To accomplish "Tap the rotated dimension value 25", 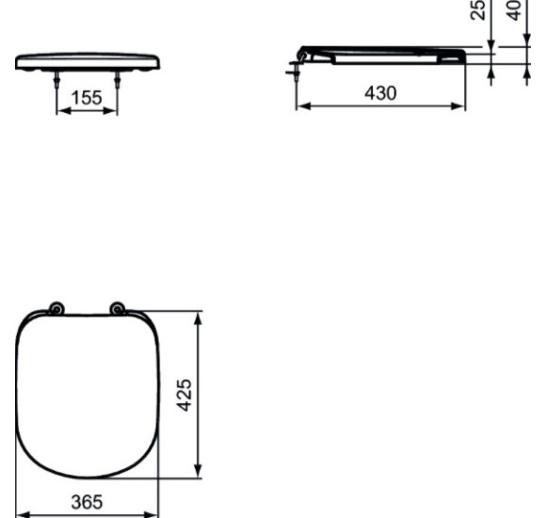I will (x=479, y=10).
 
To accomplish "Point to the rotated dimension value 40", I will (x=513, y=10).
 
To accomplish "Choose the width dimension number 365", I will (x=88, y=502).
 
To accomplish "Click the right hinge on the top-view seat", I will (x=117, y=308).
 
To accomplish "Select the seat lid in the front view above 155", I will (x=88, y=61).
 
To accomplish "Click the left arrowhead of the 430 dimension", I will (x=302, y=105).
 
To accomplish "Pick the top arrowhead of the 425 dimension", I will (x=198, y=317).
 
